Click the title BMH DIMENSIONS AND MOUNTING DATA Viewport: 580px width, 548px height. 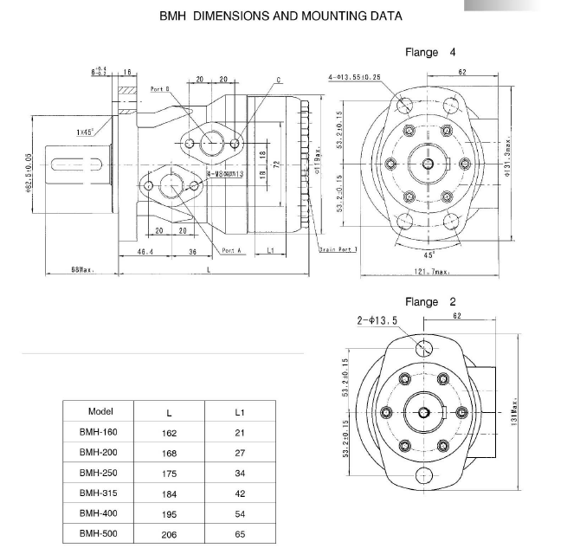[x=280, y=16]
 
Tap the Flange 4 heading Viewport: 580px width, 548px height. [x=430, y=53]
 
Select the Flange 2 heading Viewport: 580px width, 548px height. [x=430, y=302]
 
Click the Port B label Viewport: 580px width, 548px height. [x=159, y=89]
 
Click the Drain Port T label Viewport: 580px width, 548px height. [x=338, y=249]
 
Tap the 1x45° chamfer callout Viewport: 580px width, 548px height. [x=85, y=132]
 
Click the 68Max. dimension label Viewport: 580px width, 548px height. [x=82, y=270]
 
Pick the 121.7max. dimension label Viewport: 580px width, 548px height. [x=432, y=271]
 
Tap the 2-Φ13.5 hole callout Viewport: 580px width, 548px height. [x=377, y=319]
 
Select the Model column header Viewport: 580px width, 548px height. [x=100, y=411]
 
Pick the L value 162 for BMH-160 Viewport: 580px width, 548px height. [x=169, y=432]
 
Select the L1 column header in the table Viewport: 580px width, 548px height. [x=240, y=412]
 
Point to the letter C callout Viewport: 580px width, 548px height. [x=280, y=80]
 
